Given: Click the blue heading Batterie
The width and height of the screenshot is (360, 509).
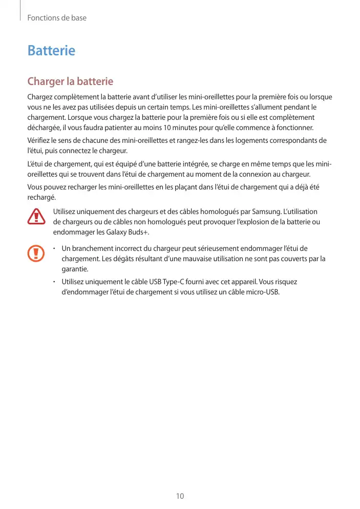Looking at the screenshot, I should [x=51, y=51].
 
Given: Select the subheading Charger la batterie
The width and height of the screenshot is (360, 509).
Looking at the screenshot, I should [x=70, y=82].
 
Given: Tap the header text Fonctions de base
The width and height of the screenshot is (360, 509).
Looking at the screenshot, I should [x=57, y=18].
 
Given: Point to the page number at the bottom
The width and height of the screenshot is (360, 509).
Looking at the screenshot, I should [x=180, y=496].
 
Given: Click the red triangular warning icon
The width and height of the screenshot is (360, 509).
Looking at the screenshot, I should [x=36, y=217].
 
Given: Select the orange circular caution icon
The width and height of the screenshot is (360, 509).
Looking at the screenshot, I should [x=36, y=252].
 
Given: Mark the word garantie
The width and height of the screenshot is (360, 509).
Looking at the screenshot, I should [x=74, y=268].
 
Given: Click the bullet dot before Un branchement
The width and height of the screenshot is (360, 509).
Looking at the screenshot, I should [x=55, y=248].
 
